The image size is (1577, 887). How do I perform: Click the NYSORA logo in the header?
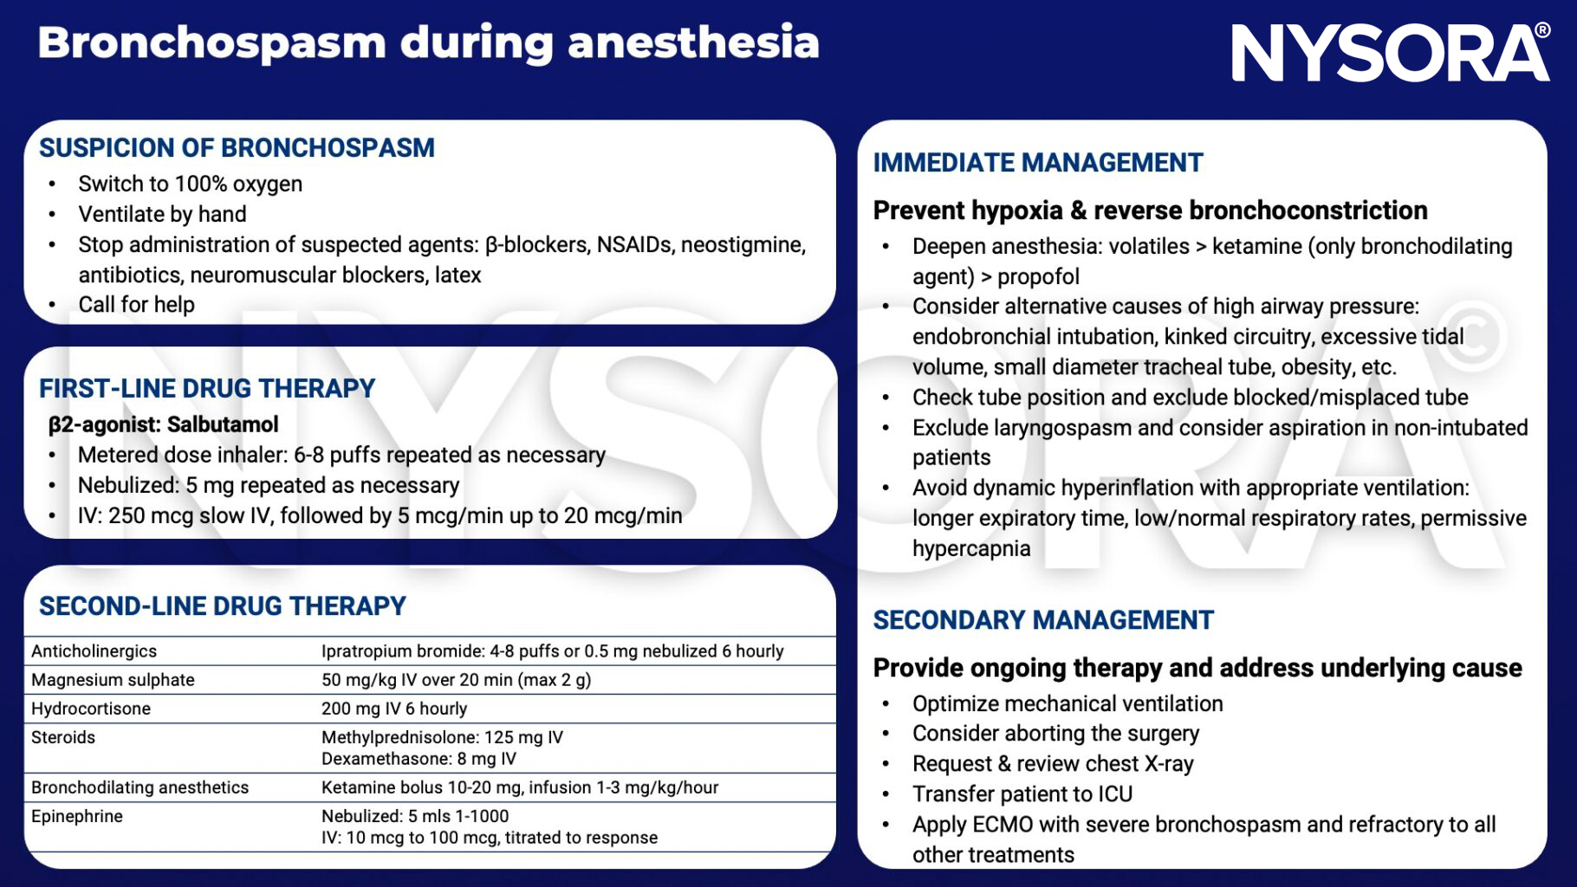[x=1389, y=54]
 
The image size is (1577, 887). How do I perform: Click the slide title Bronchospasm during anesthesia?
[x=428, y=42]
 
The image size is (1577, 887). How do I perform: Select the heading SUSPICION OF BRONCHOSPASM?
[x=237, y=148]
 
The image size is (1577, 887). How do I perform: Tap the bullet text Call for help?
[x=136, y=305]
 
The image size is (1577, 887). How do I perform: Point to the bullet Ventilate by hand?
[x=162, y=214]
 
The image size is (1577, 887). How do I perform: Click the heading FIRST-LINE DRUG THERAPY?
[x=207, y=388]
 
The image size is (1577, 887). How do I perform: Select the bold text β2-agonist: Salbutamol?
[x=163, y=424]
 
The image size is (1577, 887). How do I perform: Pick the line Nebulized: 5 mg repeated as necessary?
[x=269, y=485]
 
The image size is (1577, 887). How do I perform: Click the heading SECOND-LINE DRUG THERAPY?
[x=222, y=605]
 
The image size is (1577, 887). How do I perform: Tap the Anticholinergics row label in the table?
[x=94, y=651]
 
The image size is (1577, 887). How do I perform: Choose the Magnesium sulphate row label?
[x=113, y=680]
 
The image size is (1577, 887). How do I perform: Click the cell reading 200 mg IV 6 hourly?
[x=393, y=709]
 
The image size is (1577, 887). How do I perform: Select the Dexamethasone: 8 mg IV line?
[x=419, y=759]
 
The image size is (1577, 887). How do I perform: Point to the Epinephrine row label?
[x=76, y=816]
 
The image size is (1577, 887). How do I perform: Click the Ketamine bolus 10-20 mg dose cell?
[x=519, y=787]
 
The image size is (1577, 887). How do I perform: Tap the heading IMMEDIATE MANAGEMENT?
[x=1037, y=163]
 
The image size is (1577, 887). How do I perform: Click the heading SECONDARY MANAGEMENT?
[x=1042, y=620]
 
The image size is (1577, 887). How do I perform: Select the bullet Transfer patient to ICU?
[x=1022, y=794]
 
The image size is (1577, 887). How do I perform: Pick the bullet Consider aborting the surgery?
[x=1055, y=734]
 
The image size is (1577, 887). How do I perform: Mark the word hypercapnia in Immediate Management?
[x=970, y=548]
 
